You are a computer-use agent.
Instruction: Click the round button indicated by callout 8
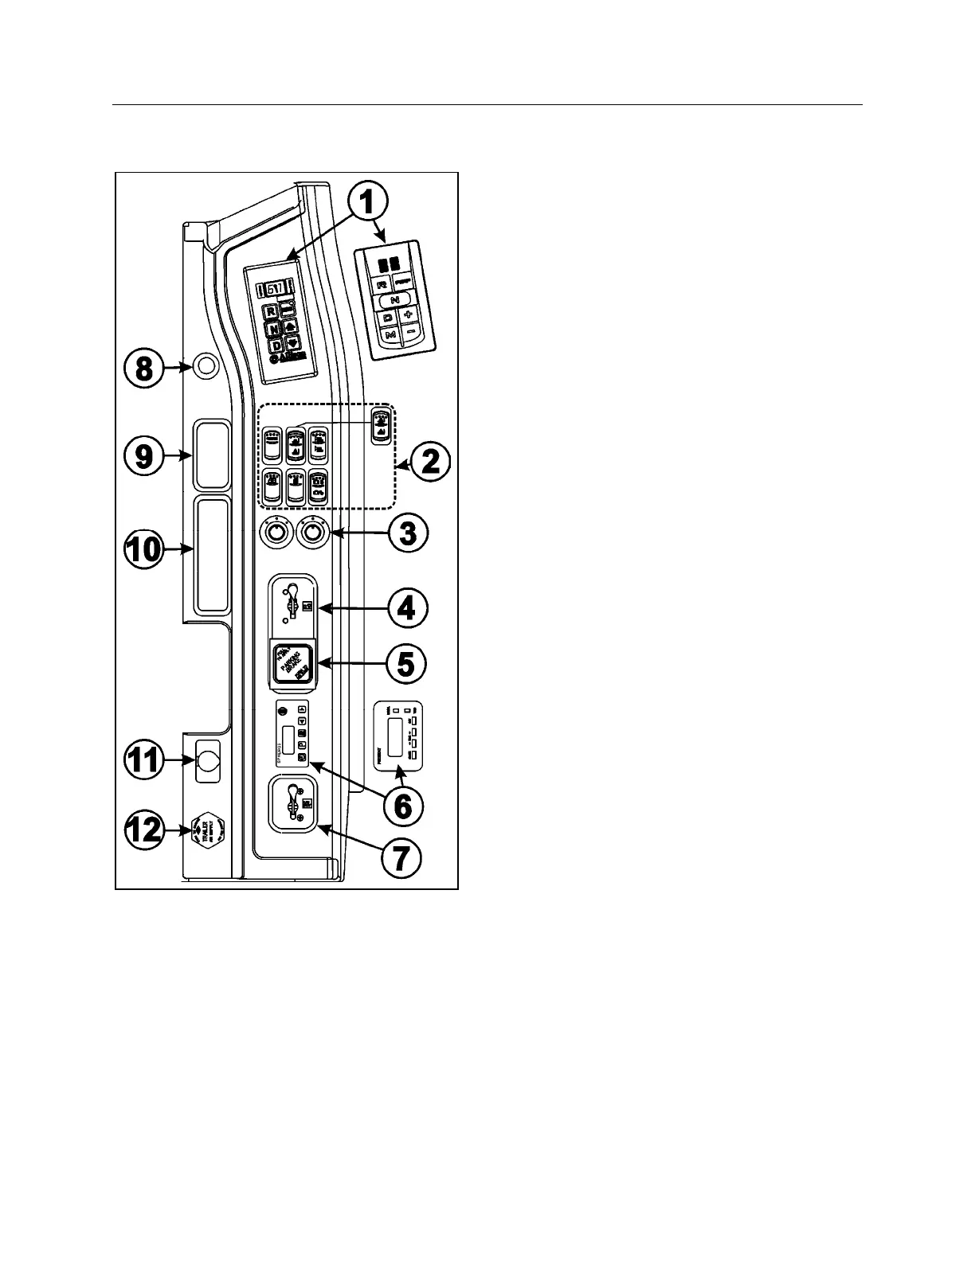(x=206, y=367)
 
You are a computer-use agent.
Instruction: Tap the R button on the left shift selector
(x=272, y=311)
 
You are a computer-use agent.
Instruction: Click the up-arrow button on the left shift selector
(x=291, y=326)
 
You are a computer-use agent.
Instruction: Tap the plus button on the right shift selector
(x=409, y=314)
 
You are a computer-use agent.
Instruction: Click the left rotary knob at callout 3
(x=276, y=532)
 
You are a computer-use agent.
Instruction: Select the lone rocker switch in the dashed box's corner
(x=381, y=424)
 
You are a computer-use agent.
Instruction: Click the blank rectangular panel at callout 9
(x=212, y=455)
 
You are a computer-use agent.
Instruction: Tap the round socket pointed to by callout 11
(x=209, y=760)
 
